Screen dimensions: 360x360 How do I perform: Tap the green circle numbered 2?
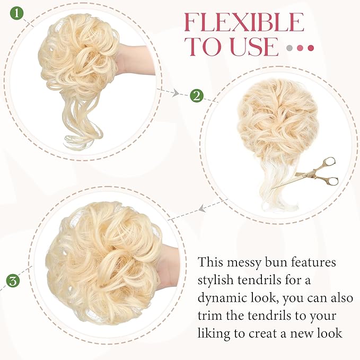tap(196, 96)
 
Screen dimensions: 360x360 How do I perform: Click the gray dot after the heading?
tap(289, 48)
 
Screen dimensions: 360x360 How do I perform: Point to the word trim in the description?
tap(210, 316)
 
